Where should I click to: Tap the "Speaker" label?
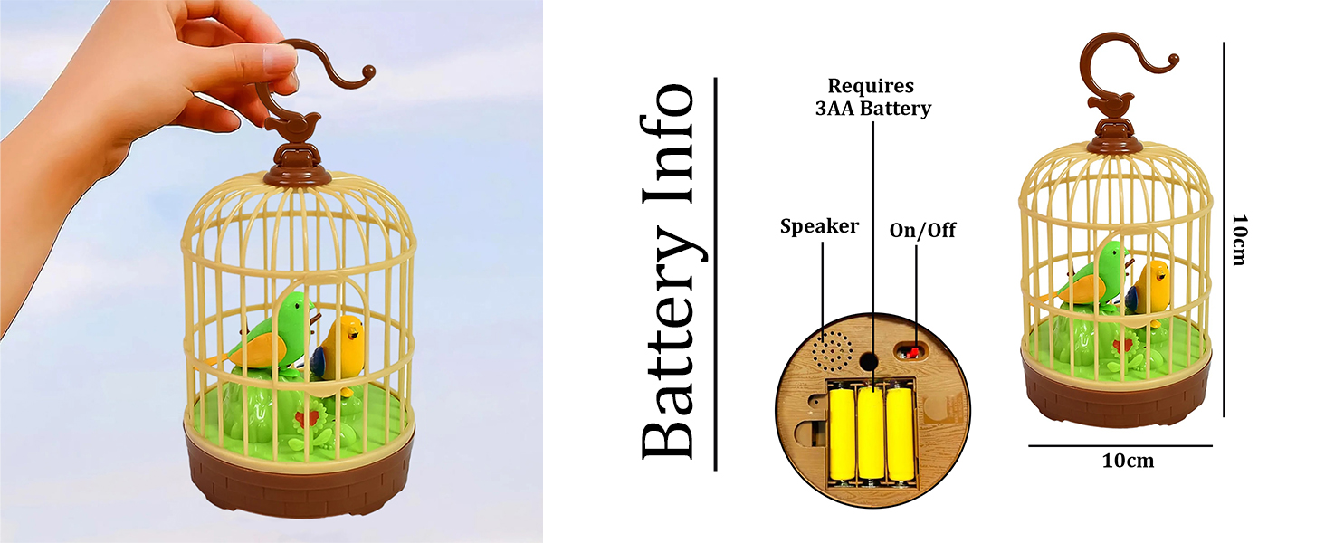pos(819,226)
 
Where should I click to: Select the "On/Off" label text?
pos(922,231)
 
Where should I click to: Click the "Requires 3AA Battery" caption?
pos(872,98)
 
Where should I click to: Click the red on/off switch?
pos(912,350)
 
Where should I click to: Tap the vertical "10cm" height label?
pos(1240,240)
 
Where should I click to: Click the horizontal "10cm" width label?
pos(1128,461)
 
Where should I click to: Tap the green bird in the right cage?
pos(1091,275)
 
